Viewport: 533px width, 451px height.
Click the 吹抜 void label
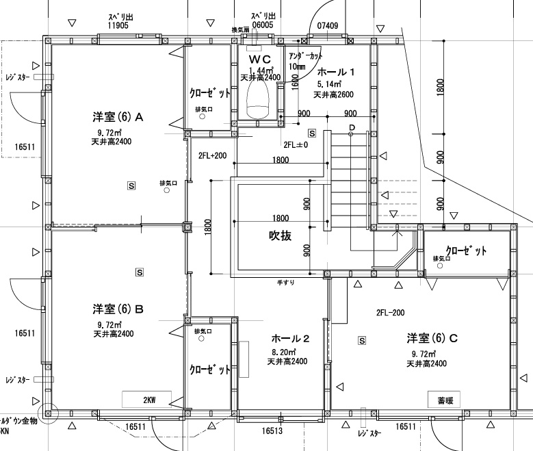pos(279,236)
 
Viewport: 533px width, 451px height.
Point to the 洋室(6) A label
pos(118,117)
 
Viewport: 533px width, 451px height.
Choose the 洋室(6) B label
pos(118,309)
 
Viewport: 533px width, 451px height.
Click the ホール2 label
pos(291,338)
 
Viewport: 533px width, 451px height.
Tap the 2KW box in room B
pos(149,398)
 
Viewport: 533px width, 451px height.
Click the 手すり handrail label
pos(285,282)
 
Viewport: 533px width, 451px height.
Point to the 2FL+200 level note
pos(212,156)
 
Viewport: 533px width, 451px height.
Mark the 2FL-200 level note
pos(390,312)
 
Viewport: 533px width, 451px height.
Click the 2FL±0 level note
pos(296,145)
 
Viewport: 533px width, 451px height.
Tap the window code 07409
pos(327,26)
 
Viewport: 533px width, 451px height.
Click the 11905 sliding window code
pos(118,25)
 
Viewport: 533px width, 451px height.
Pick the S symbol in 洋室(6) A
pos(131,185)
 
